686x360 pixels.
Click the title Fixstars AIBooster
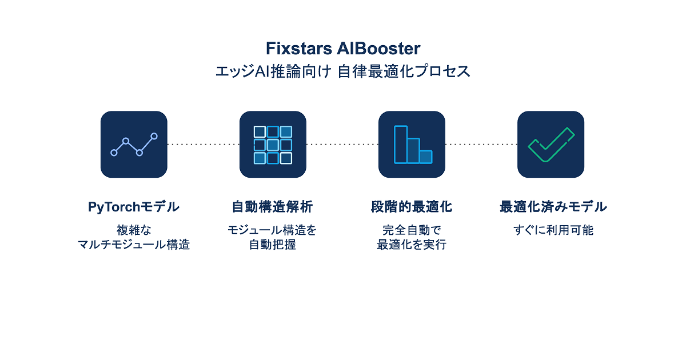[x=343, y=48]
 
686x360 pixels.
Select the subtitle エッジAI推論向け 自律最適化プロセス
[x=343, y=71]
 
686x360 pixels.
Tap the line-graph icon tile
[x=134, y=144]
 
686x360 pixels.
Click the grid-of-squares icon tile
[x=273, y=144]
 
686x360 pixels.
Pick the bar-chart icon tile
[x=412, y=144]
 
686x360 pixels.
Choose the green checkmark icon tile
[x=551, y=144]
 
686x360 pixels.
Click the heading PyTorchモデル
[x=134, y=207]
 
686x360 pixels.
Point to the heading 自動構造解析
[x=272, y=207]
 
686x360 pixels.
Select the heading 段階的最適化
[x=412, y=207]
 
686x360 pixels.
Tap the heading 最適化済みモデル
[x=553, y=207]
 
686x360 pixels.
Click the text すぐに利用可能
[x=553, y=230]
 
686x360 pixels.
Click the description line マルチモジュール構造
[x=134, y=245]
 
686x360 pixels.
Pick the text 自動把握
[x=272, y=245]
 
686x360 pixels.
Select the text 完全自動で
[x=412, y=230]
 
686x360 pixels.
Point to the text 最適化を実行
[x=412, y=245]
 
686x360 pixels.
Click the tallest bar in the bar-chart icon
[x=400, y=144]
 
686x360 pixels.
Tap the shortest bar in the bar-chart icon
[x=426, y=157]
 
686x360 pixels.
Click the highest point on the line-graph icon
[x=154, y=136]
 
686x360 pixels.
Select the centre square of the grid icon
[x=273, y=145]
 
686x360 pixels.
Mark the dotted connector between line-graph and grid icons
[x=203, y=145]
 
